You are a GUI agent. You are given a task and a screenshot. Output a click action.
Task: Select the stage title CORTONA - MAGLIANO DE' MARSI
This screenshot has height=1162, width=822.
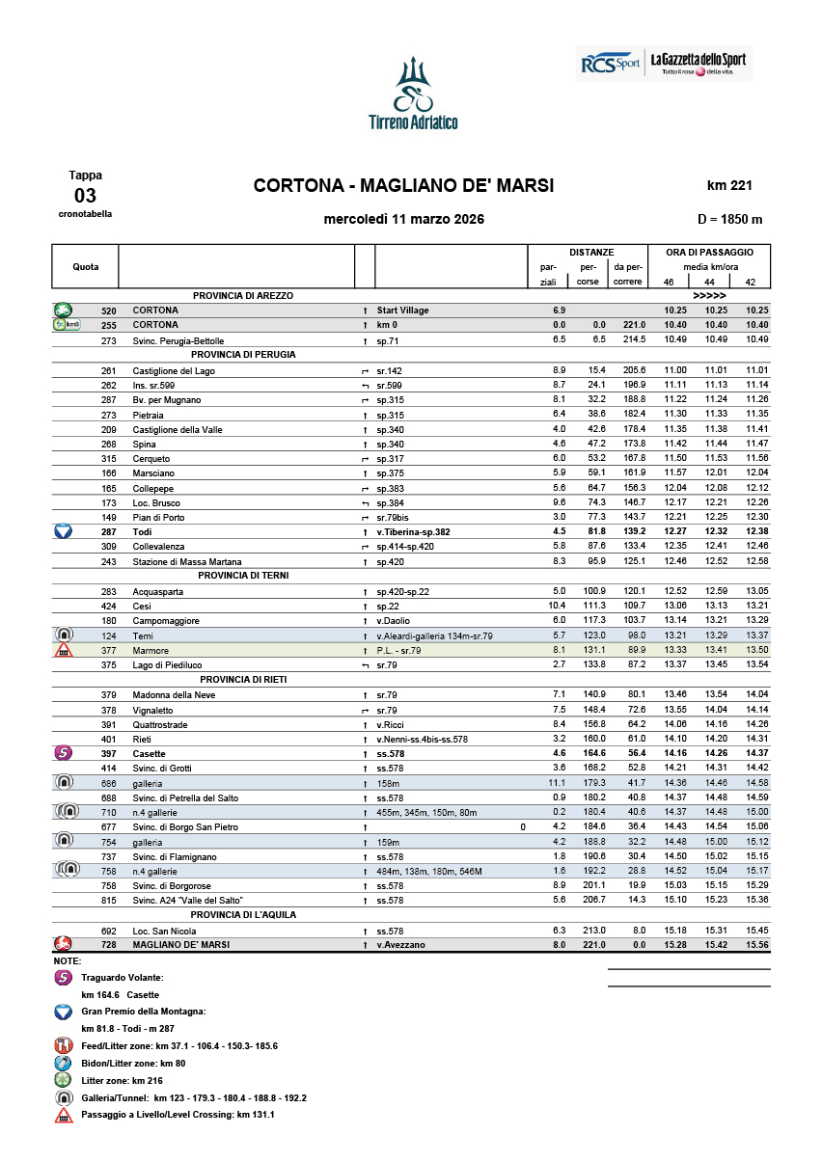point(403,185)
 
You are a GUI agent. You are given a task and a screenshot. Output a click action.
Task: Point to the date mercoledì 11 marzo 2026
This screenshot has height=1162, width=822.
point(403,219)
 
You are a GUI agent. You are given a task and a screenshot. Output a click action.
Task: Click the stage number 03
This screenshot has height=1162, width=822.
point(85,196)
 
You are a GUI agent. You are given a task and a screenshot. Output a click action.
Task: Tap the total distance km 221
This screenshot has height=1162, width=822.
point(728,185)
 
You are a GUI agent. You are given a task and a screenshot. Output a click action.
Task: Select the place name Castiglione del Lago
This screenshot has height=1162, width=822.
point(174,370)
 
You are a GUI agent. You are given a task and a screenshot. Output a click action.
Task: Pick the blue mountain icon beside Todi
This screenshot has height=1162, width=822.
point(64,531)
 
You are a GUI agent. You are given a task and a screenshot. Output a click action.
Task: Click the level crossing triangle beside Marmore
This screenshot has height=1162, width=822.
point(64,651)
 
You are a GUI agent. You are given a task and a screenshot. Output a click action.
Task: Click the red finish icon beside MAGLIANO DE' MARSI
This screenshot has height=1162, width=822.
point(64,944)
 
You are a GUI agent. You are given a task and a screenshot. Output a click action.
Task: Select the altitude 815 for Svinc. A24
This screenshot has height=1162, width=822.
point(108,900)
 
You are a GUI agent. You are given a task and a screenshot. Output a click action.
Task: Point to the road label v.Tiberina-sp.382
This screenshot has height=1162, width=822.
point(413,532)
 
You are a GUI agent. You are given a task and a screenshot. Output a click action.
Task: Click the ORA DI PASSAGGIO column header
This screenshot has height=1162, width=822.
point(709,252)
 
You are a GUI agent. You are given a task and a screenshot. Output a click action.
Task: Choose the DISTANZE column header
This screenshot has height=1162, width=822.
point(590,252)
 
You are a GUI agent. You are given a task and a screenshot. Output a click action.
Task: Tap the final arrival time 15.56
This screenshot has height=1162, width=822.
point(755,945)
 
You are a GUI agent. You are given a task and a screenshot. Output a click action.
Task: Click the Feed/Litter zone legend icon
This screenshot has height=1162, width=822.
point(64,1045)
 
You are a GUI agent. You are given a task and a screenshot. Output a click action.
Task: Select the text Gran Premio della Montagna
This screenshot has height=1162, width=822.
point(143,1012)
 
